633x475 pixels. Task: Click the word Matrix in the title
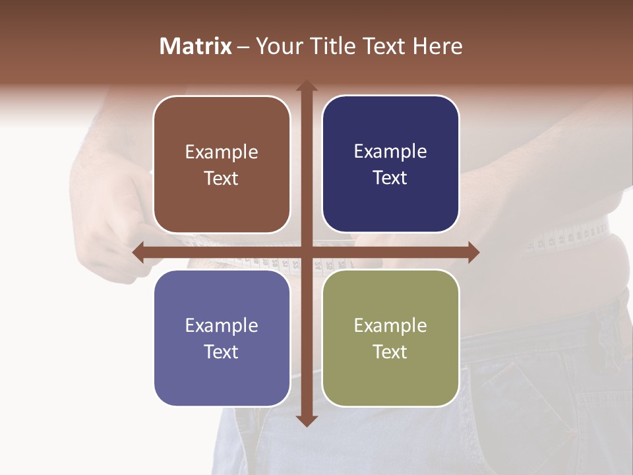(x=196, y=46)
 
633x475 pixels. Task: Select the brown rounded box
(x=222, y=164)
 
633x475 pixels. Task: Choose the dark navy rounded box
(x=390, y=164)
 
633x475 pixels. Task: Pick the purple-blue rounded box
(x=222, y=338)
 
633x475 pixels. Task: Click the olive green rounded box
(x=390, y=338)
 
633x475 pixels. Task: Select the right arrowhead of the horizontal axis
(x=473, y=252)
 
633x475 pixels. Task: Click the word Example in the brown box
(x=222, y=152)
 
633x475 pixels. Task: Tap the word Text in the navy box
(x=390, y=178)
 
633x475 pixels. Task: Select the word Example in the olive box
(x=390, y=325)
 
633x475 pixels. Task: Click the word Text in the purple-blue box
(x=222, y=352)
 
